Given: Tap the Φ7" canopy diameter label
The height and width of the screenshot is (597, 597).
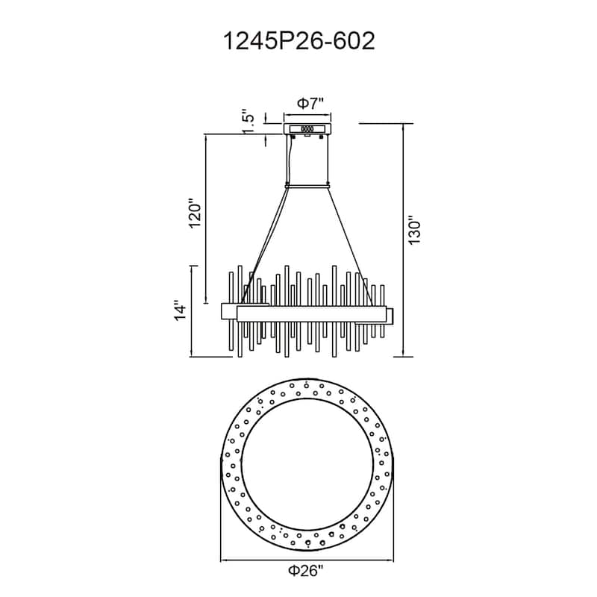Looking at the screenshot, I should [307, 104].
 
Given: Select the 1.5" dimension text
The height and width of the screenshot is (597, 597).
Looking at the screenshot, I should [251, 122].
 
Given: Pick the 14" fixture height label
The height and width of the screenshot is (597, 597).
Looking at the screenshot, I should [179, 311].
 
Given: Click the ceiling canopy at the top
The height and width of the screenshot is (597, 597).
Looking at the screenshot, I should [307, 129].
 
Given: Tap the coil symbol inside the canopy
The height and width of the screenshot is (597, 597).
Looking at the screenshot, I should [307, 129].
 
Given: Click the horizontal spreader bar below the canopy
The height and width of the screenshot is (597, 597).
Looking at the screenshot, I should [307, 185].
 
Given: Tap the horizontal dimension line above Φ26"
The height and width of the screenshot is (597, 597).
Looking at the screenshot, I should [307, 559].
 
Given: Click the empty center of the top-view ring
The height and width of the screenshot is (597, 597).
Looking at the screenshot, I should [307, 463].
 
